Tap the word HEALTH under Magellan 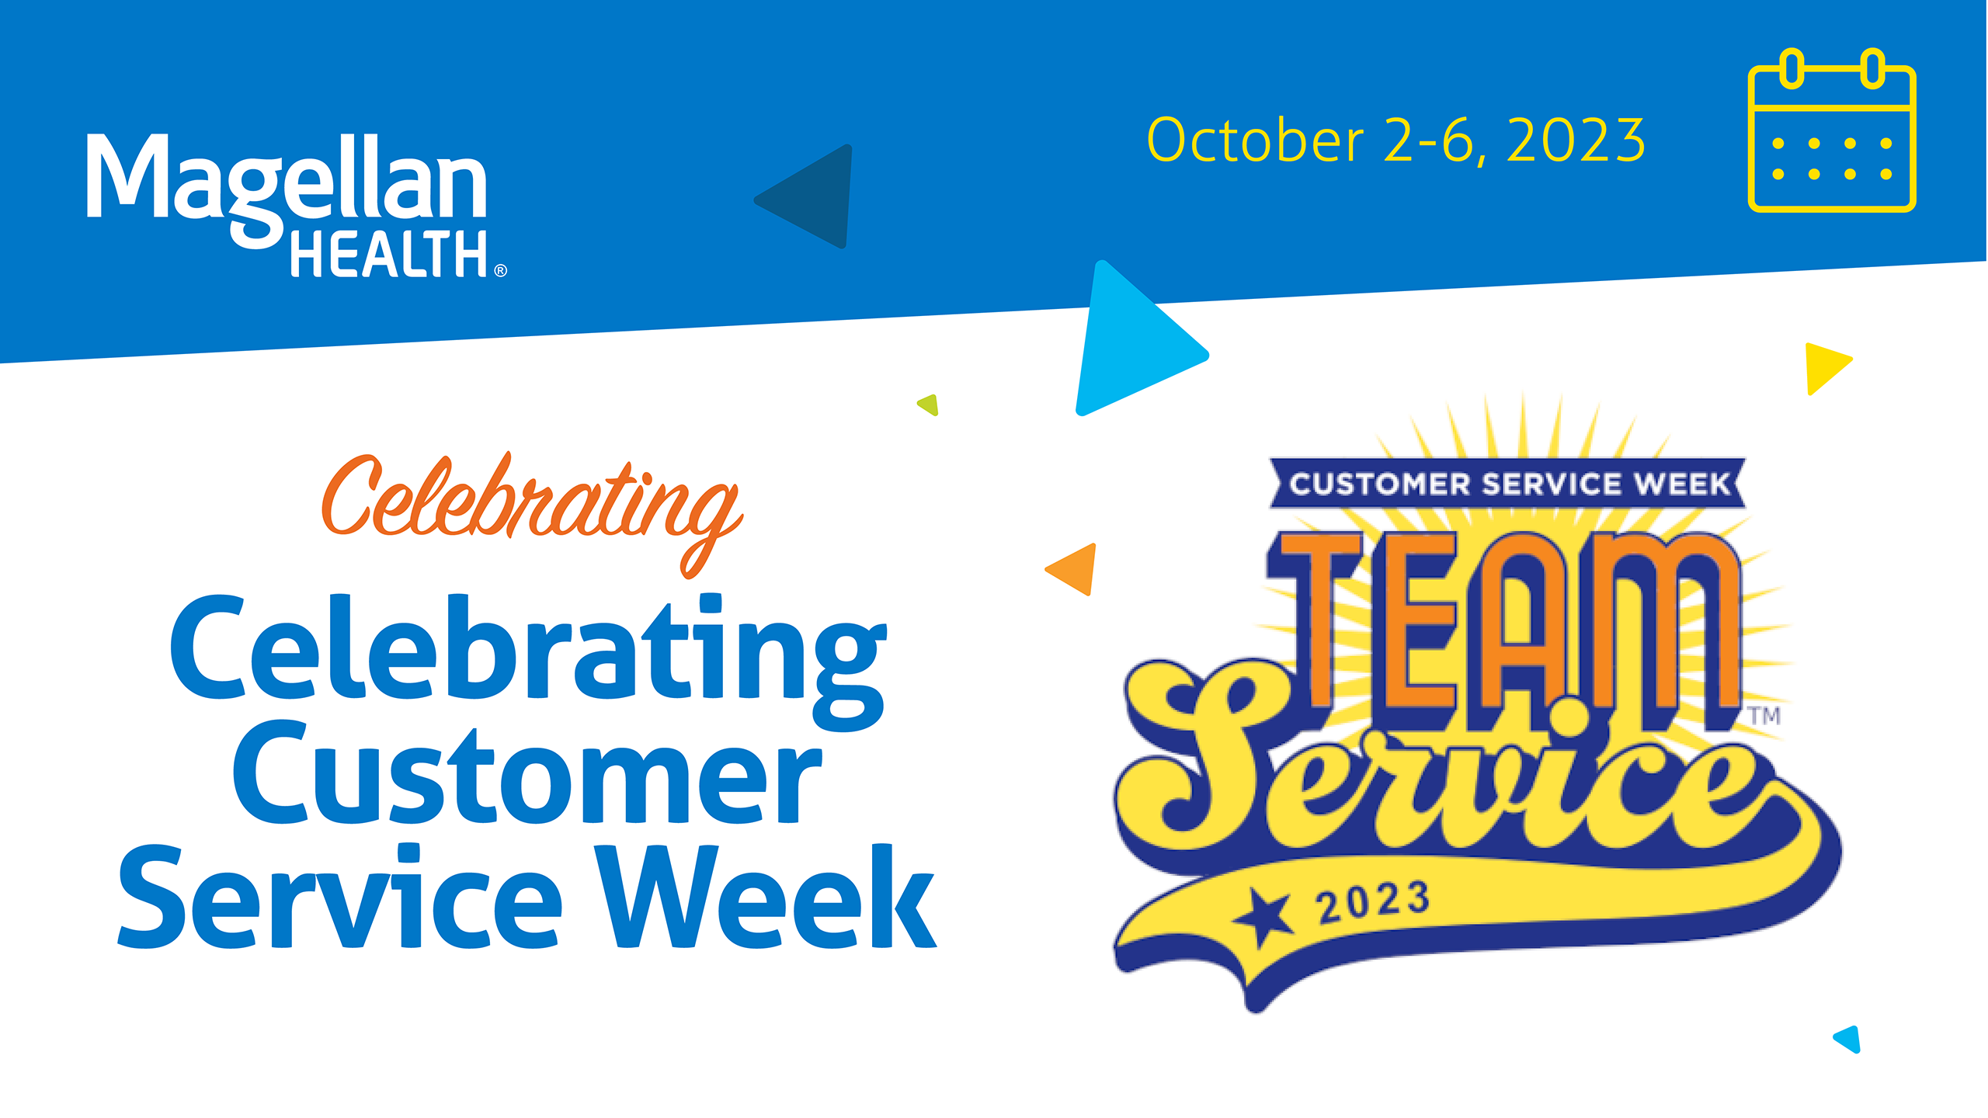click(388, 255)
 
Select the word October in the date click(1255, 141)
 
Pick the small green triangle click(930, 404)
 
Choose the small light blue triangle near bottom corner click(1849, 1039)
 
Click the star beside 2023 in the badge click(1265, 916)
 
